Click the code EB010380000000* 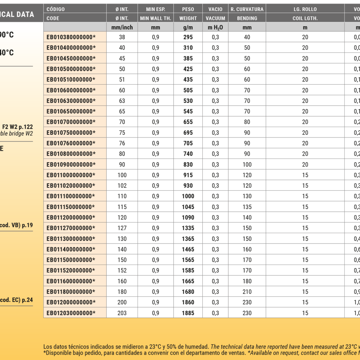point(71,37)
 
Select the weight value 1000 point(188,196)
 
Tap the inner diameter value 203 point(122,313)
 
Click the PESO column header point(188,9)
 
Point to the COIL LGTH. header point(305,18)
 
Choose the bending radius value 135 point(247,207)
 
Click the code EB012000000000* point(71,303)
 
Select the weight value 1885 point(188,313)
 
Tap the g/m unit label point(188,27)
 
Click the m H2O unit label point(215,27)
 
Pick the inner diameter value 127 point(122,228)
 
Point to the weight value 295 point(188,37)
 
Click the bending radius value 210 point(247,292)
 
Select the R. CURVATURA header point(247,9)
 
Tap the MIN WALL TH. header point(155,18)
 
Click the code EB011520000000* point(71,271)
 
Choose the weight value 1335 point(188,228)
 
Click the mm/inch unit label point(122,27)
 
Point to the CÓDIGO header point(56,9)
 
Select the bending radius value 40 point(247,37)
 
